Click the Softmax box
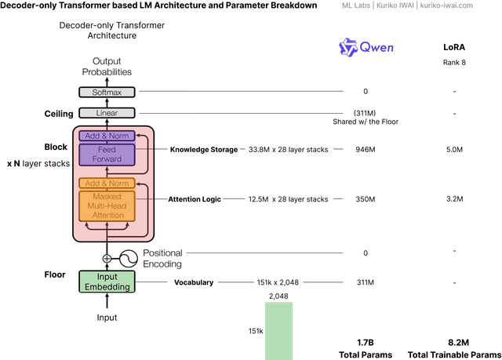(107, 92)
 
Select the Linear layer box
(107, 113)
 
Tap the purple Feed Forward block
(107, 155)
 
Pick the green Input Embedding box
(107, 282)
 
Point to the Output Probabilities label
(107, 67)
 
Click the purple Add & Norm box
(107, 136)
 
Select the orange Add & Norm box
(107, 184)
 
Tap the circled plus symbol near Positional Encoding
(107, 258)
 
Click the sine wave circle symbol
(129, 258)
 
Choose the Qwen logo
(366, 48)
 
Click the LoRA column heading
(454, 47)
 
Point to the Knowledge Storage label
(203, 149)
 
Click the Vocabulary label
(194, 282)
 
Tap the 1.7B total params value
(366, 343)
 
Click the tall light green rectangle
(278, 330)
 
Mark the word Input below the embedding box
(107, 318)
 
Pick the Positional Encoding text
(162, 258)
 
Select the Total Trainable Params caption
(454, 355)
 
